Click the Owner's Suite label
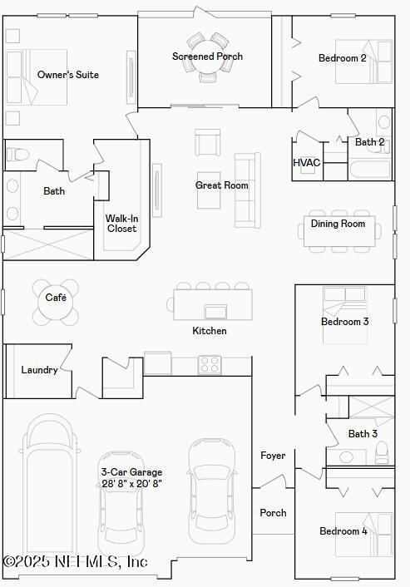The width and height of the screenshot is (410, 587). click(x=67, y=75)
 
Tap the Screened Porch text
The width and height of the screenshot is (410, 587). click(x=207, y=57)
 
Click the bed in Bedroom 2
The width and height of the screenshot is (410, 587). click(x=364, y=62)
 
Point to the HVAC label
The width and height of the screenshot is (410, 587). click(x=306, y=163)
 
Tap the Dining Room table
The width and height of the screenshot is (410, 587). click(x=338, y=234)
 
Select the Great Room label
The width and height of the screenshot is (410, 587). click(x=221, y=185)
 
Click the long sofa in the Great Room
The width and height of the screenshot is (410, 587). click(x=247, y=190)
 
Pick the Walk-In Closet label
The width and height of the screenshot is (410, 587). click(x=121, y=224)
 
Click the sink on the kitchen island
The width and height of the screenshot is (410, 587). click(x=215, y=312)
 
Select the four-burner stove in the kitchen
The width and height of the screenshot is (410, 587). click(x=209, y=364)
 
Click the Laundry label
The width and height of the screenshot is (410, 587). click(x=39, y=370)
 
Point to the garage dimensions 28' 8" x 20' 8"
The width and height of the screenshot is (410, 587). click(x=131, y=483)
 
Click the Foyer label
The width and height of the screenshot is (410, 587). click(x=273, y=456)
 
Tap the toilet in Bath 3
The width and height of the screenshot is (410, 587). click(x=382, y=452)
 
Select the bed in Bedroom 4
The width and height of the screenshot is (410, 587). click(x=364, y=534)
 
